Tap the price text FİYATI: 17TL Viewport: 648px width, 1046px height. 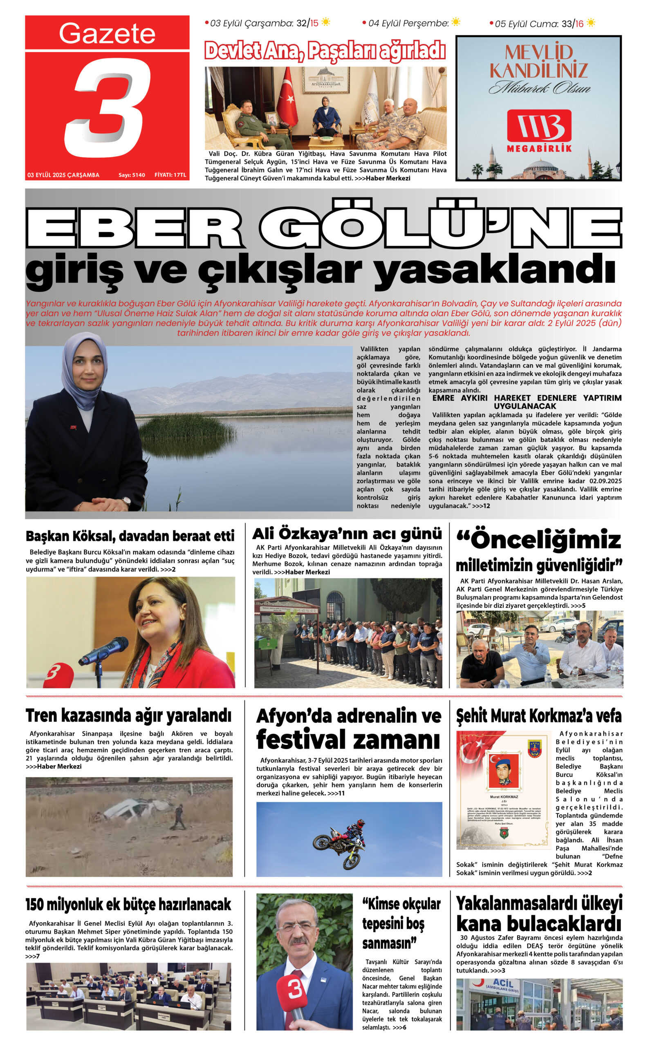pyautogui.click(x=170, y=175)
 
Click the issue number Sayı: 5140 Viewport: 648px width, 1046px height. pyautogui.click(x=132, y=175)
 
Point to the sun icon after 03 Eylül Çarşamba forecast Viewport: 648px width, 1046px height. pyautogui.click(x=326, y=22)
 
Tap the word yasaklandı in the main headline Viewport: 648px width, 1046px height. pyautogui.click(x=495, y=270)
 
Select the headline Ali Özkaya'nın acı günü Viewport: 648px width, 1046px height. pyautogui.click(x=347, y=534)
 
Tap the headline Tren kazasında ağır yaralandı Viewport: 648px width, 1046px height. pyautogui.click(x=128, y=716)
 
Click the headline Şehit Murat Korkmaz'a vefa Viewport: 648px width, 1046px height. pyautogui.click(x=539, y=716)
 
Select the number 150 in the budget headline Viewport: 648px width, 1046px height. pyautogui.click(x=35, y=904)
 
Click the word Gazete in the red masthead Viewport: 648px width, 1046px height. pyautogui.click(x=107, y=34)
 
